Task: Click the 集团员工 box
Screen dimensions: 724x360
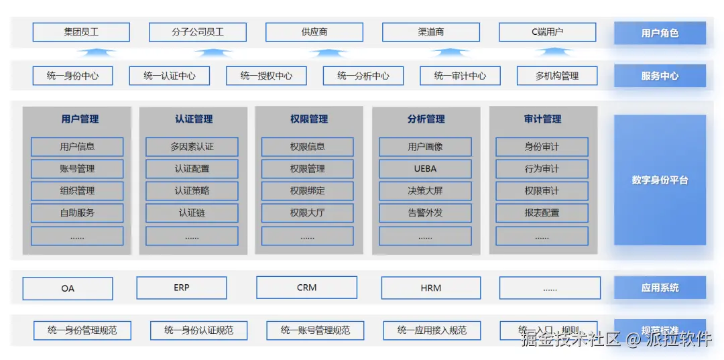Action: pyautogui.click(x=80, y=32)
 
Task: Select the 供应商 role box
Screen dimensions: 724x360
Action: pyautogui.click(x=314, y=32)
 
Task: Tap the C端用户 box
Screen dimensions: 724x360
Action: pyautogui.click(x=547, y=32)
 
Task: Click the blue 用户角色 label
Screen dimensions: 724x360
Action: pyautogui.click(x=660, y=33)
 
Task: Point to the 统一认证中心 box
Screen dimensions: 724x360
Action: pyautogui.click(x=170, y=76)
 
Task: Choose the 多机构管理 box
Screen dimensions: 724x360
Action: pyautogui.click(x=556, y=76)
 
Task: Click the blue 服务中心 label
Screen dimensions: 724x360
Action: pyautogui.click(x=660, y=76)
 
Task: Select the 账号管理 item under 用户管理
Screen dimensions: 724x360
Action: pyautogui.click(x=77, y=168)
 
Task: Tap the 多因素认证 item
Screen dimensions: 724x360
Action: pyautogui.click(x=192, y=146)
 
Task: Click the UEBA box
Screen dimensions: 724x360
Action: pyautogui.click(x=425, y=168)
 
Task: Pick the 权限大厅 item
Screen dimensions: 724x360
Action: pyautogui.click(x=308, y=213)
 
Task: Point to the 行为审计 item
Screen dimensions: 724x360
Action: pyautogui.click(x=542, y=168)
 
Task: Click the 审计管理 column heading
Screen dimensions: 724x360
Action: pyautogui.click(x=542, y=119)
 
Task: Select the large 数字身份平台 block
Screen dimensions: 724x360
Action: pyautogui.click(x=660, y=180)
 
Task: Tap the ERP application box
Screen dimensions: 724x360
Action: pyautogui.click(x=182, y=288)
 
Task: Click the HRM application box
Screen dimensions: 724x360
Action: pyautogui.click(x=431, y=288)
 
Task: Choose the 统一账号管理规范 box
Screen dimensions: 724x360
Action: pyautogui.click(x=315, y=330)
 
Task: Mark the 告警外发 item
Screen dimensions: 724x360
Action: pyautogui.click(x=425, y=213)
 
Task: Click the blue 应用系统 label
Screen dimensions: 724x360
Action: pyautogui.click(x=660, y=288)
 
